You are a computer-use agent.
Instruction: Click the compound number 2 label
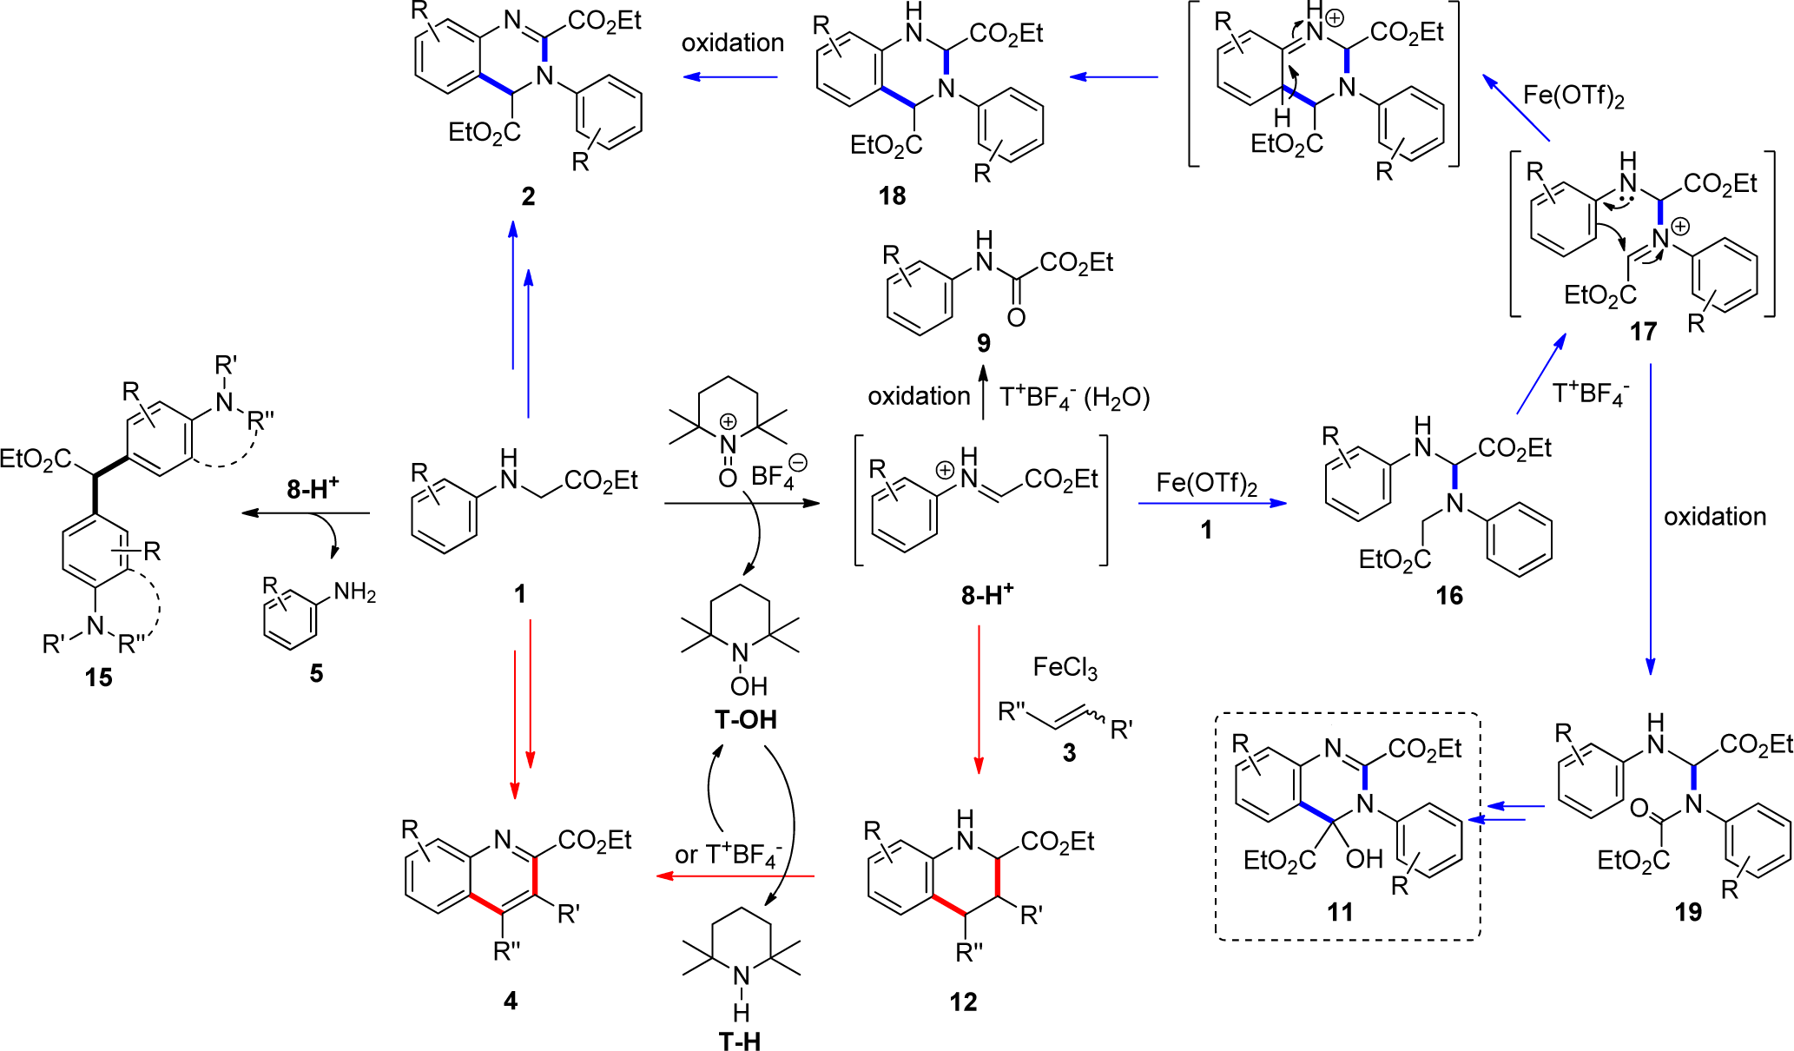[528, 196]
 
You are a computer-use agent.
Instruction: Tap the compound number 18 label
[892, 196]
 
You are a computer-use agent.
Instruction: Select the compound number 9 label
[983, 343]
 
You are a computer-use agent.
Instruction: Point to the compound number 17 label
[1643, 332]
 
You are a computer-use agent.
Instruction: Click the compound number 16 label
[1448, 596]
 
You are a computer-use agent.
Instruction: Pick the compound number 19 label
[1688, 912]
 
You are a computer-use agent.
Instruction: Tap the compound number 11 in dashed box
[1340, 912]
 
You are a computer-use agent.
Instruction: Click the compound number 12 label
[963, 1002]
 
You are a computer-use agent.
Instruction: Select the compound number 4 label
[511, 1001]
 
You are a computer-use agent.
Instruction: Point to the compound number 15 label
[98, 678]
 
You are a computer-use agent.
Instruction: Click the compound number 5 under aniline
[316, 673]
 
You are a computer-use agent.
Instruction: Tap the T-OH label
[745, 720]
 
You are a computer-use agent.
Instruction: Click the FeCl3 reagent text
[1065, 668]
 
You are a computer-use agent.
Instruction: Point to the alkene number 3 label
[1069, 753]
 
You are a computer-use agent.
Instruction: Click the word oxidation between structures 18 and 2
[732, 43]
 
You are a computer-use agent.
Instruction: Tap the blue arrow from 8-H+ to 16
[1212, 503]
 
